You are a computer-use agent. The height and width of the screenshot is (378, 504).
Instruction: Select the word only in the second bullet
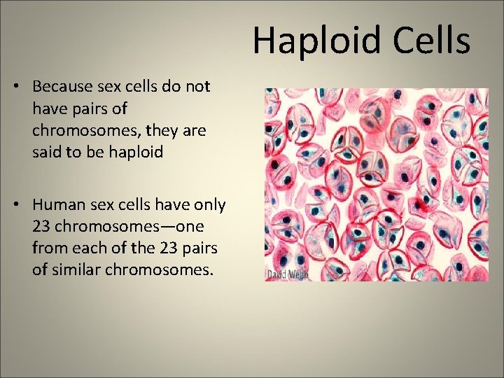tap(209, 205)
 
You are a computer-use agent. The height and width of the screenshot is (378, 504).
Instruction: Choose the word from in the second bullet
tap(48, 248)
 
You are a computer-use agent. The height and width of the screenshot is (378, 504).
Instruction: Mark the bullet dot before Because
tap(15, 87)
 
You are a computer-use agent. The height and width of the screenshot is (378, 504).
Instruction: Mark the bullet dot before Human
tap(15, 205)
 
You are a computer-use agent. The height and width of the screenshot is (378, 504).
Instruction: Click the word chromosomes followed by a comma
tap(85, 130)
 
